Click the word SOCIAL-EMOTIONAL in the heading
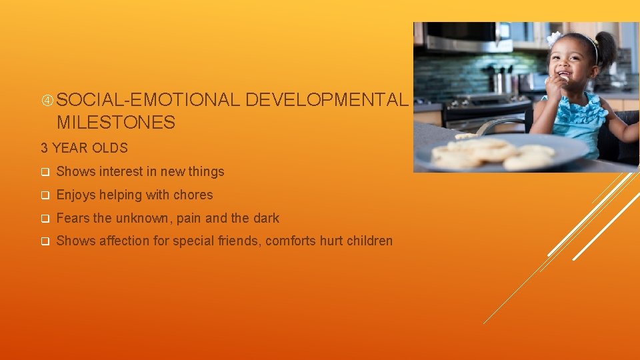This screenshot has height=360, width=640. [148, 100]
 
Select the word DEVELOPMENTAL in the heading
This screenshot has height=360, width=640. [326, 100]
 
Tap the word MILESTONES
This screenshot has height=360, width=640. [116, 123]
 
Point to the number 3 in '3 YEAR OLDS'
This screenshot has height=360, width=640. [45, 148]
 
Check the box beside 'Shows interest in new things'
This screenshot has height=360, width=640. [45, 172]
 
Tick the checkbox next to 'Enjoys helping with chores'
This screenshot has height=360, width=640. [45, 195]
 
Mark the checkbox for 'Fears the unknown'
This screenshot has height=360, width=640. [45, 219]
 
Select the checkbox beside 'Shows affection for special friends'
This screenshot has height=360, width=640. [45, 241]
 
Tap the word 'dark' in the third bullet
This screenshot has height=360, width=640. [266, 218]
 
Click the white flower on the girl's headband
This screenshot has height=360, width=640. [554, 38]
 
